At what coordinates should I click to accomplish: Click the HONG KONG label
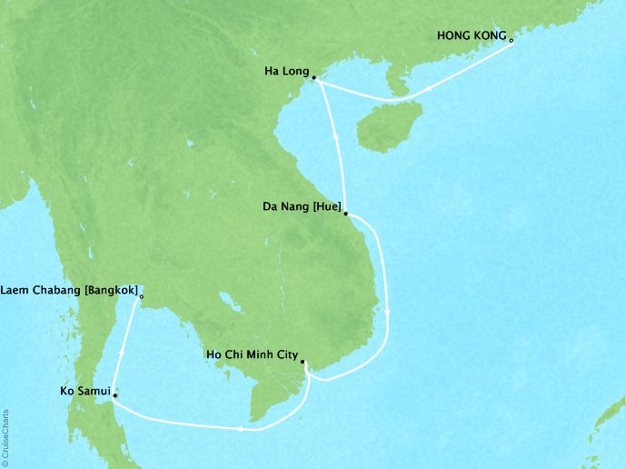[471, 36]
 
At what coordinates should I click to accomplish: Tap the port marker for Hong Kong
[511, 41]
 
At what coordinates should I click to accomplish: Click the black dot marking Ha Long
[313, 78]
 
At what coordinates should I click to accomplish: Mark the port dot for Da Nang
[346, 214]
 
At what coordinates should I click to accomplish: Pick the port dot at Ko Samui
[114, 396]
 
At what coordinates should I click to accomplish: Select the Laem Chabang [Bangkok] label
[71, 291]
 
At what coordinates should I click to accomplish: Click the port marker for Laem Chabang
[142, 295]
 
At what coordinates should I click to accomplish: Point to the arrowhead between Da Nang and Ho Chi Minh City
[389, 313]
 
